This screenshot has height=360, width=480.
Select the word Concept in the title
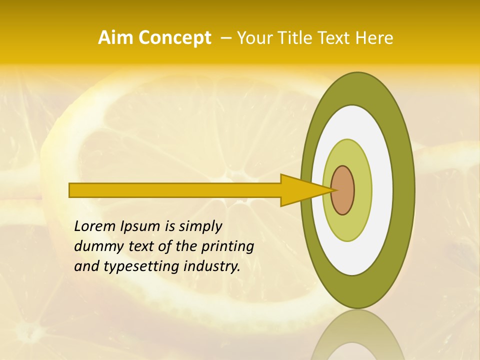click(x=174, y=38)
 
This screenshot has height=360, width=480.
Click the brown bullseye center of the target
click(x=343, y=190)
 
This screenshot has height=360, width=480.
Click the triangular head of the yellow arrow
click(x=300, y=190)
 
